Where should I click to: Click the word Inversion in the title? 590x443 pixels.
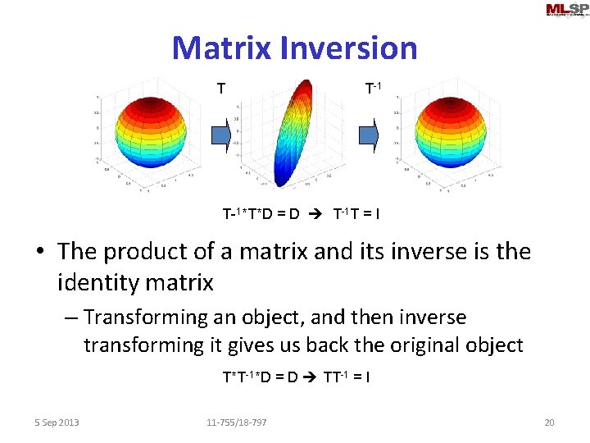point(348,48)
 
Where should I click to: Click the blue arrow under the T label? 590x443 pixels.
point(222,136)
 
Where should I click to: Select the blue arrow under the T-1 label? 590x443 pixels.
point(371,136)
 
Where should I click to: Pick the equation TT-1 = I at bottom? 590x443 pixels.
point(347,377)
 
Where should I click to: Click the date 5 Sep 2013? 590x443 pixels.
point(57,422)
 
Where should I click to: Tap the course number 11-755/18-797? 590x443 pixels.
point(236,422)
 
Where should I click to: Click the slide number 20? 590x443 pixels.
point(549,422)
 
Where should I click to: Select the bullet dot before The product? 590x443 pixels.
point(41,252)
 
